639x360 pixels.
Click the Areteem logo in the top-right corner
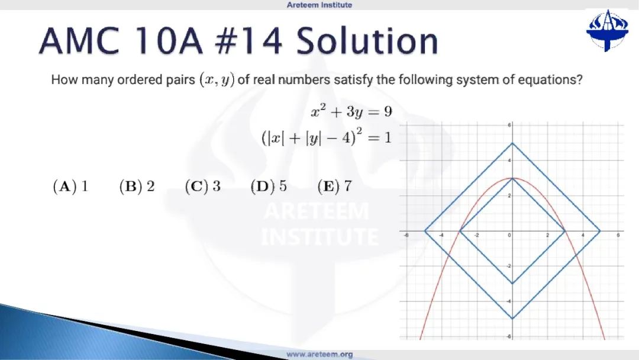pos(607,31)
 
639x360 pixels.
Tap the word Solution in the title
pos(367,41)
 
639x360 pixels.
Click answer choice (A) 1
pos(70,187)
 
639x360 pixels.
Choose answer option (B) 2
pos(137,187)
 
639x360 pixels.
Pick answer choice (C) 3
pos(202,187)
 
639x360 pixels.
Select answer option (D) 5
pos(269,187)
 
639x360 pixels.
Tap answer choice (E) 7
pos(334,187)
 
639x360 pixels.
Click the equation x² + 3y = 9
pos(351,111)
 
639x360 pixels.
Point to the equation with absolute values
pos(327,137)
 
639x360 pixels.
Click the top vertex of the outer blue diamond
pos(512,143)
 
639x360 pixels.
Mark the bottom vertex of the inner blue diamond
pos(512,284)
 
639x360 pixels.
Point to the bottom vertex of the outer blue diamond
pos(512,319)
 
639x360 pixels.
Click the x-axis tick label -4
pos(441,236)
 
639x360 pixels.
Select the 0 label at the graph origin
pos(509,236)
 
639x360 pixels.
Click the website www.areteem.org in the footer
pos(319,354)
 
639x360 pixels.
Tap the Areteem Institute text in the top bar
pos(319,5)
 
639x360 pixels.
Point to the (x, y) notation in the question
pos(217,79)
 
